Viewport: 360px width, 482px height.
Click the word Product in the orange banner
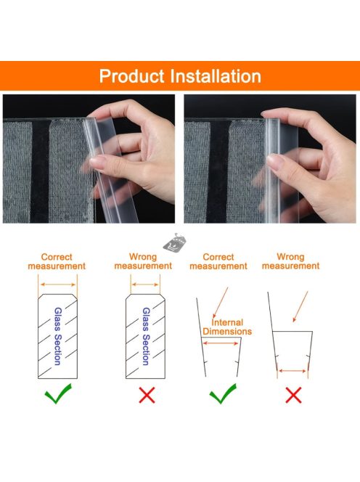tap(131, 76)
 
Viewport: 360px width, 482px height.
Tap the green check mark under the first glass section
tap(58, 393)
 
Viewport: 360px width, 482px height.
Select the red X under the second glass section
tap(147, 395)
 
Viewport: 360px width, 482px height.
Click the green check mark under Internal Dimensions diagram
tap(223, 393)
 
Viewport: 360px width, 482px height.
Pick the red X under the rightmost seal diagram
tap(294, 395)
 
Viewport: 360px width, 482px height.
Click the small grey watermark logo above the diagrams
tap(175, 243)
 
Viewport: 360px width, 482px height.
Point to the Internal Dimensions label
tap(227, 327)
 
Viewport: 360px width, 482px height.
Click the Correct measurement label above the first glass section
tap(57, 261)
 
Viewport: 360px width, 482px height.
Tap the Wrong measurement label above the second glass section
tap(143, 261)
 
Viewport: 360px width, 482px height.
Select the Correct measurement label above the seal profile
tap(218, 261)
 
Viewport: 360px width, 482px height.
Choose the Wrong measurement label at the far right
tap(290, 261)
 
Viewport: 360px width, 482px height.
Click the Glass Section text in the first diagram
tap(58, 336)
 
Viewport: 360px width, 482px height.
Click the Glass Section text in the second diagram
tap(146, 336)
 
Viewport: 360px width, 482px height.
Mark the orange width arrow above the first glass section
tap(58, 285)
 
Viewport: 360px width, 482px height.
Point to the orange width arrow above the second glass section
tap(145, 285)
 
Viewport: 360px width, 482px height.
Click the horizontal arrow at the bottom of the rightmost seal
tap(292, 371)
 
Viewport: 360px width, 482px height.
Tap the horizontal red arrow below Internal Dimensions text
tap(221, 343)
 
